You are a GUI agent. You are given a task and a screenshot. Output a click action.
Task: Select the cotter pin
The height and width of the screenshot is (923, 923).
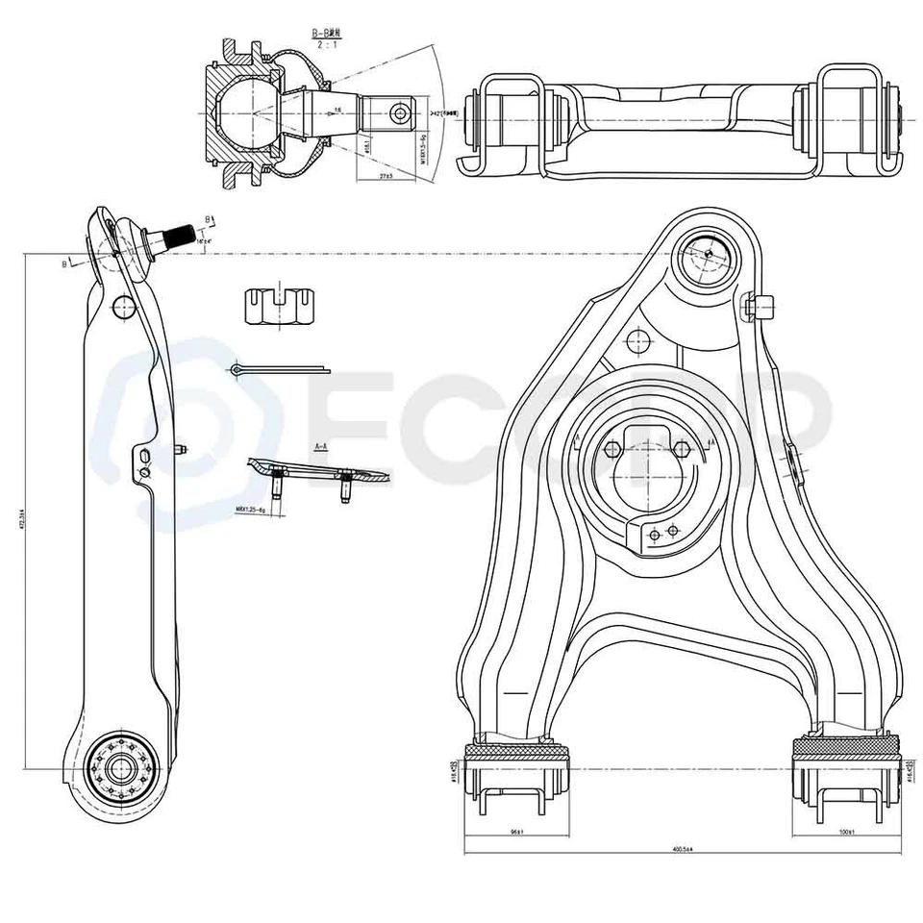279,370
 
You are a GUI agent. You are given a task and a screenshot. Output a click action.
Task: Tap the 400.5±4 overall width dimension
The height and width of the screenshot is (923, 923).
684,849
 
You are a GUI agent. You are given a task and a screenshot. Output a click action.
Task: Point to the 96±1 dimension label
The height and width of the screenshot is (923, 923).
516,832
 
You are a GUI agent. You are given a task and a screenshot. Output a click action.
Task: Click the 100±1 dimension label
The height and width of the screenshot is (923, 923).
845,832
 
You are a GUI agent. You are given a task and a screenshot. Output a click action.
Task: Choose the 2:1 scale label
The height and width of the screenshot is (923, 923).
322,44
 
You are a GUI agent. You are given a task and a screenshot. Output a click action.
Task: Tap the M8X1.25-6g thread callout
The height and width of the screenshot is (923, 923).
249,509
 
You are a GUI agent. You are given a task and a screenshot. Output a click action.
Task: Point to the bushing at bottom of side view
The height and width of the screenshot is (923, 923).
119,768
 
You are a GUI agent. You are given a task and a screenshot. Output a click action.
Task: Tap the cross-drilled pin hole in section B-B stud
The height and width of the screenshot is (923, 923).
399,113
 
